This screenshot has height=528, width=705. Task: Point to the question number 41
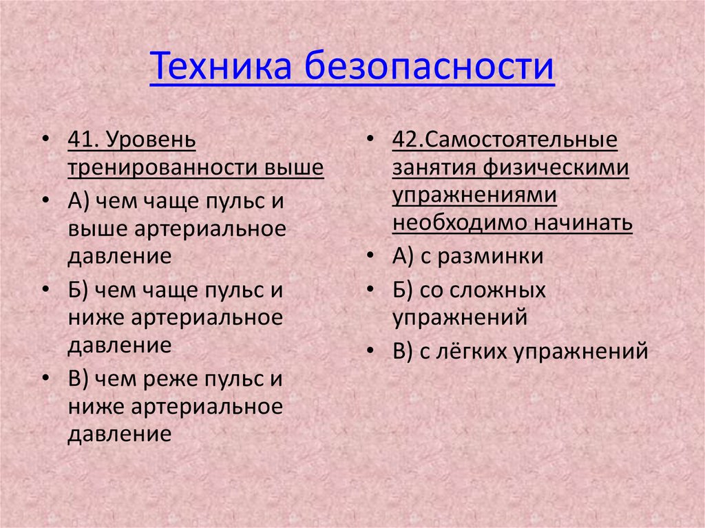pyautogui.click(x=83, y=140)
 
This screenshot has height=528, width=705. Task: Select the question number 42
pyautogui.click(x=407, y=140)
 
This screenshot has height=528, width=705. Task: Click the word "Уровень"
pyautogui.click(x=151, y=140)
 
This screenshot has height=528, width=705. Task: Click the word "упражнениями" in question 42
pyautogui.click(x=474, y=196)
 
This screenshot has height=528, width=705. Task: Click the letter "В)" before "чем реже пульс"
pyautogui.click(x=79, y=379)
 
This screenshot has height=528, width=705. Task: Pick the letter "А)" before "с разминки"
pyautogui.click(x=404, y=257)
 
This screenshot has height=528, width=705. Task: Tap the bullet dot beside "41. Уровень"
pyautogui.click(x=45, y=140)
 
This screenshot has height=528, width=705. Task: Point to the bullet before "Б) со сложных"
pyautogui.click(x=370, y=291)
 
